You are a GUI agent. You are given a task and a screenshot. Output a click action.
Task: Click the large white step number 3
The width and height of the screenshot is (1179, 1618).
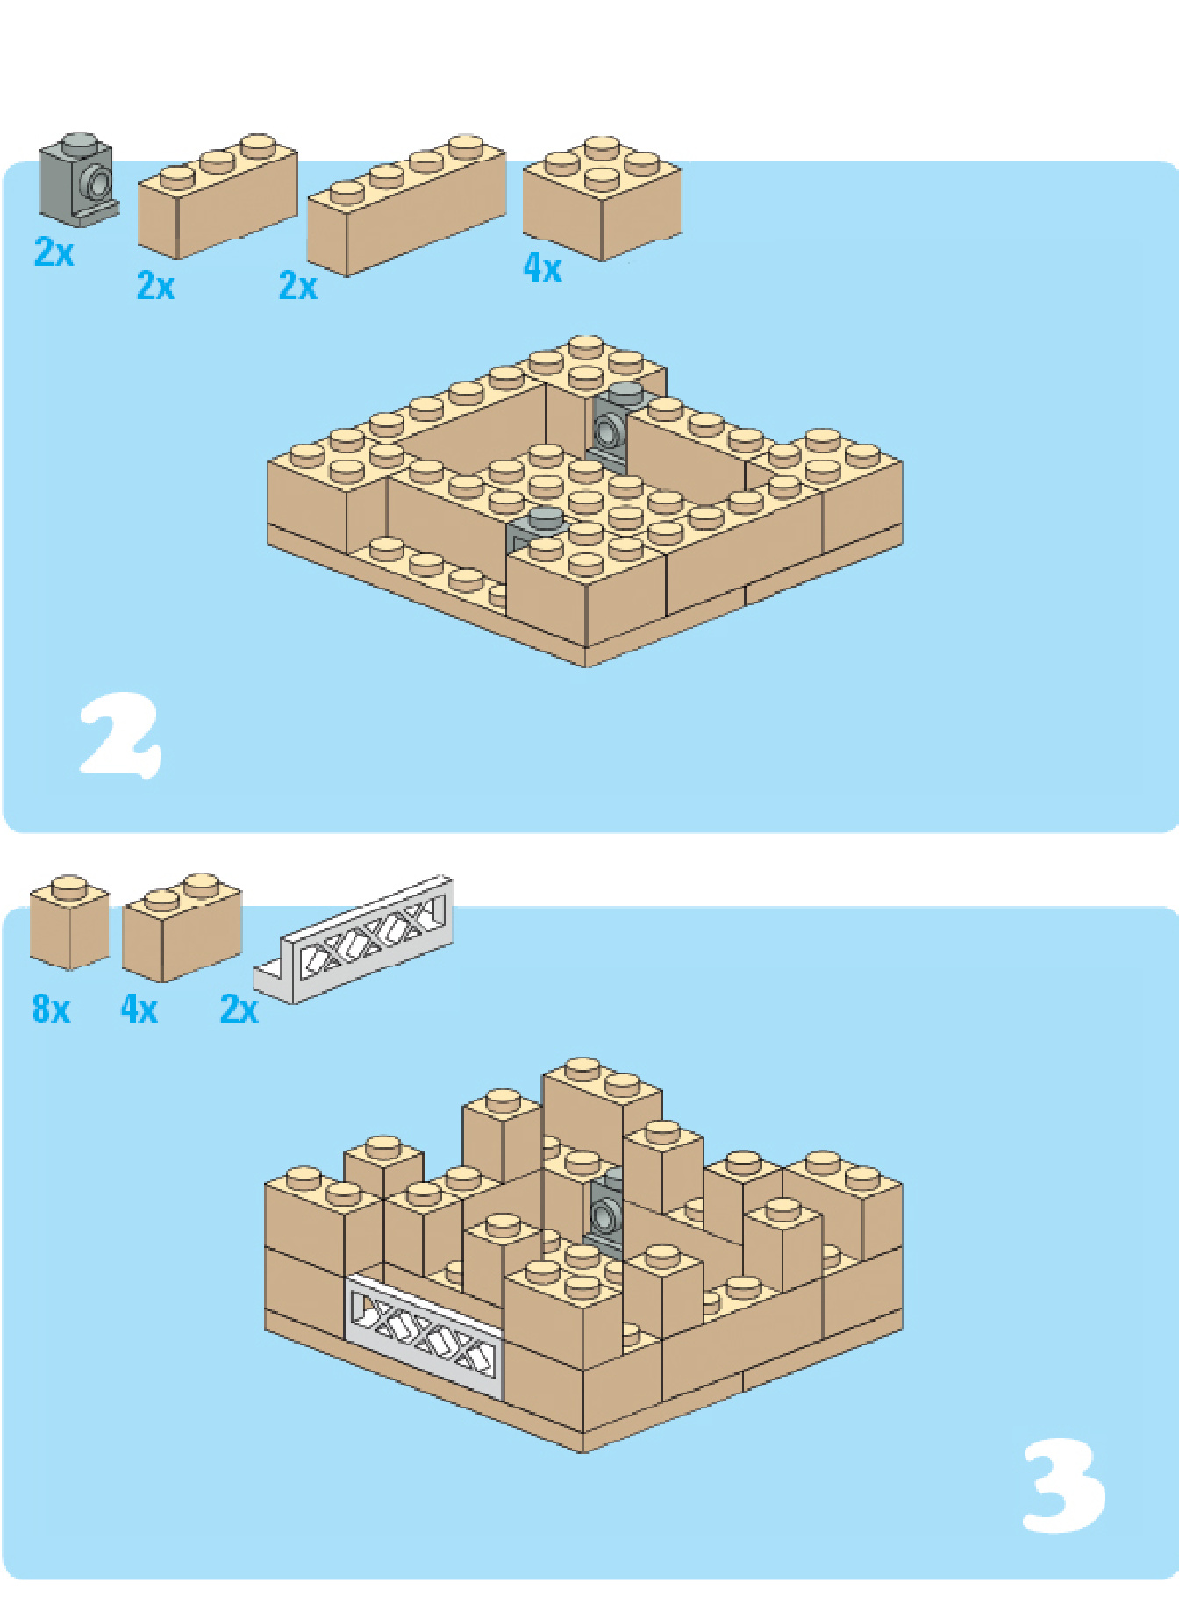[x=1063, y=1486]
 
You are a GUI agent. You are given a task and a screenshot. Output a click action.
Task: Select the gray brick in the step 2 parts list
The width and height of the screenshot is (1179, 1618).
[x=78, y=179]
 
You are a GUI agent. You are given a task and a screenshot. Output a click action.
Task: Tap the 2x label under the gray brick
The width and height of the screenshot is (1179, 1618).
[x=54, y=253]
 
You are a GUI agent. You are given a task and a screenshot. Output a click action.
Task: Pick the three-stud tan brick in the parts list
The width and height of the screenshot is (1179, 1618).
[x=218, y=196]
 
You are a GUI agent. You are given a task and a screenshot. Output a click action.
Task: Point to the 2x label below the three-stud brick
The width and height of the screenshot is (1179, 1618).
[x=156, y=286]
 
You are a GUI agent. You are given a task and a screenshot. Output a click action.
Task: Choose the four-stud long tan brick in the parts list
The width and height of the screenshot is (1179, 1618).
[x=406, y=205]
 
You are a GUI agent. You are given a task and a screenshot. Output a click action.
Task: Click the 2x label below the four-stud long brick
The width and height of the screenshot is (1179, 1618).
[x=298, y=286]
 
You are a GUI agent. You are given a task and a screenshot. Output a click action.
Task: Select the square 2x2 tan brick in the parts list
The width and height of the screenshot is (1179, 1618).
[x=602, y=198]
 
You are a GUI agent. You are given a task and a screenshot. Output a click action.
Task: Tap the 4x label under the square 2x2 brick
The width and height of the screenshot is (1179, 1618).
[x=542, y=268]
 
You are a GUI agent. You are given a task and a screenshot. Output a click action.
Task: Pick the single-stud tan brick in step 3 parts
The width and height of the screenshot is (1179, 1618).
[x=69, y=922]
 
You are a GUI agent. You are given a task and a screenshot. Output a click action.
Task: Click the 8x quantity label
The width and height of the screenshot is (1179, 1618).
[x=51, y=1009]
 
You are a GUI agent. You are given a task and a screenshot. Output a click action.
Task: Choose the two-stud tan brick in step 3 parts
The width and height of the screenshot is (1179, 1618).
[x=182, y=927]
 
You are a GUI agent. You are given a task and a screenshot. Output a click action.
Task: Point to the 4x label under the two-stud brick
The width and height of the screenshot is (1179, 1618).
[x=139, y=1009]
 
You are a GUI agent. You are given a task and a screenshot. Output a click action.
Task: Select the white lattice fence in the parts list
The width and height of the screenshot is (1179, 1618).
[x=354, y=940]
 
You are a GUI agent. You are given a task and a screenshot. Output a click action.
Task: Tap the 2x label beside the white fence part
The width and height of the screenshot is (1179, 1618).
[x=239, y=1009]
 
